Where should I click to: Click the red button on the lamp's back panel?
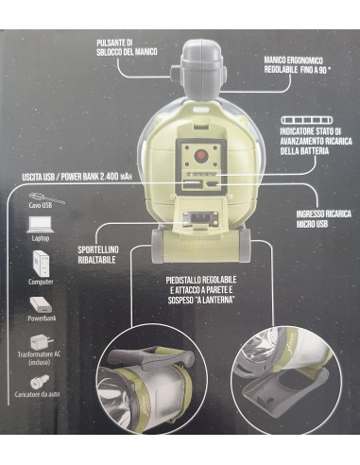pyautogui.click(x=200, y=156)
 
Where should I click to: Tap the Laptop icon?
pyautogui.click(x=40, y=225)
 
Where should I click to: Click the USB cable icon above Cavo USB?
pyautogui.click(x=46, y=198)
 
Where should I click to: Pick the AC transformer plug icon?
pyautogui.click(x=41, y=343)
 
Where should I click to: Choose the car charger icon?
pyautogui.click(x=40, y=382)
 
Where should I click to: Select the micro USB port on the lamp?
pyautogui.click(x=212, y=184)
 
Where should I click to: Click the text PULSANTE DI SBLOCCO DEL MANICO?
pyautogui.click(x=127, y=47)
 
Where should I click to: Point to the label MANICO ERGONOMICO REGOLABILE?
pyautogui.click(x=293, y=65)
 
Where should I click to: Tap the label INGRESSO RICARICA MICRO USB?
pyautogui.click(x=323, y=219)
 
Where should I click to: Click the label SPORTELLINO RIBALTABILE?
pyautogui.click(x=98, y=254)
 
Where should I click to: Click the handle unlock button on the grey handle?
pyautogui.click(x=175, y=73)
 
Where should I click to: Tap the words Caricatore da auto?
pyautogui.click(x=37, y=394)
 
